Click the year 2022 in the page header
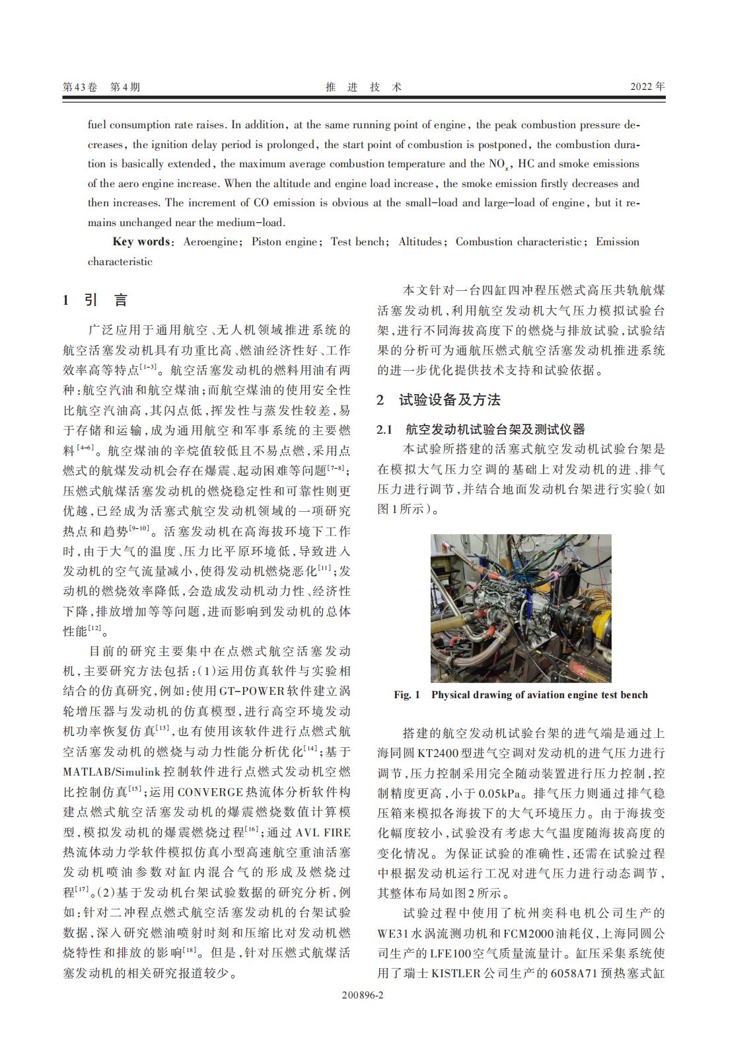click(x=647, y=87)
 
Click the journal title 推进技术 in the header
click(x=364, y=87)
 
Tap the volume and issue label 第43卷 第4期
click(x=101, y=87)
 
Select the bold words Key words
click(x=141, y=242)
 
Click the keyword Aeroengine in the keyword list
click(x=211, y=242)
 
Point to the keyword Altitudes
click(x=420, y=242)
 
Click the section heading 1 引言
click(x=95, y=300)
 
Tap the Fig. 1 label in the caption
click(x=407, y=695)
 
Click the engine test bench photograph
click(x=520, y=608)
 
